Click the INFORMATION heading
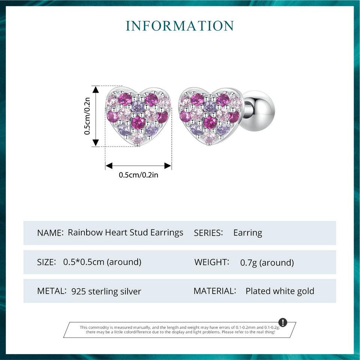180,26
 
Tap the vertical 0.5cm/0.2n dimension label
87,116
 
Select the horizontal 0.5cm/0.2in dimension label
138,175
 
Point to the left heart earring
138,116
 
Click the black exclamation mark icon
283,322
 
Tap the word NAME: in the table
50,233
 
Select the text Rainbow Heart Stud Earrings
125,233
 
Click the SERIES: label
208,233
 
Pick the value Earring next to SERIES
248,233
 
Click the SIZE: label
46,262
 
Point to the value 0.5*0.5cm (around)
102,262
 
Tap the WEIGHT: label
211,262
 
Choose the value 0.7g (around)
267,262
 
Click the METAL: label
52,291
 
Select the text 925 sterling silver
106,291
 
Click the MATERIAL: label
215,291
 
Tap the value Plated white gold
280,291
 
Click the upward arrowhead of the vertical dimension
96,89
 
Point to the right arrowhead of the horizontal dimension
168,165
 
